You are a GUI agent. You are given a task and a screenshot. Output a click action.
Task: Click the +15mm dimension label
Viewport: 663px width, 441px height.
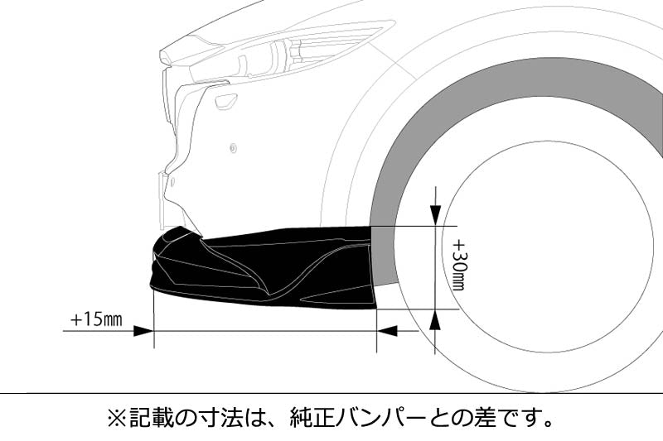coord(96,319)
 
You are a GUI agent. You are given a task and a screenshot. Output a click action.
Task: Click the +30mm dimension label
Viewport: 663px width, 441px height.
coord(459,265)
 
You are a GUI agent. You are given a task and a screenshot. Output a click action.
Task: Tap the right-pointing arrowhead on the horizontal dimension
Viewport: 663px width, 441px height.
coord(143,331)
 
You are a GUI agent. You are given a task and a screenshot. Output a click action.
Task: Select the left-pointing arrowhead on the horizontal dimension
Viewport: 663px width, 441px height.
coord(387,331)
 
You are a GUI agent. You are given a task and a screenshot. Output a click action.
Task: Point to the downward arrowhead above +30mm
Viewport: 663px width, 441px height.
coord(436,216)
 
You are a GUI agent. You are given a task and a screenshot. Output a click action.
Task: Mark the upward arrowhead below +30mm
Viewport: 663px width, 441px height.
coord(436,319)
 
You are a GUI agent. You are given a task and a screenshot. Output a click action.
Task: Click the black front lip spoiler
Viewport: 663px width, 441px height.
coord(263,266)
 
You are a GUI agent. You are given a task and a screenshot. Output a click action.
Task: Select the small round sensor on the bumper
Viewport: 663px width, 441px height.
coord(233,148)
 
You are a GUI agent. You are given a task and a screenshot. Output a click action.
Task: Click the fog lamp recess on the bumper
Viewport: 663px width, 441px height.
coord(226,101)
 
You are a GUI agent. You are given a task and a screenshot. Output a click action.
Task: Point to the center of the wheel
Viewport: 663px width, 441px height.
coord(549,247)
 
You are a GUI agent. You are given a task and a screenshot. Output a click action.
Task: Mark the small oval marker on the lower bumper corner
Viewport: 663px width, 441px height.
coord(172,181)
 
